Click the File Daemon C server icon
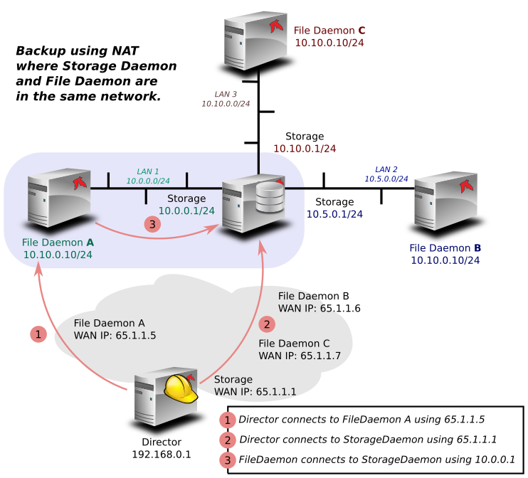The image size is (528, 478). pos(256,41)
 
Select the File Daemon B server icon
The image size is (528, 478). pos(446,201)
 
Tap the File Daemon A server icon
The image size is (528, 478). pos(59,198)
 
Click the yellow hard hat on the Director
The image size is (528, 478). pos(181,389)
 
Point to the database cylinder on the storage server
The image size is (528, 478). pos(270,197)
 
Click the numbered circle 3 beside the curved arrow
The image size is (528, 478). pos(152,224)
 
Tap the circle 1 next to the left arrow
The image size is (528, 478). pos(38,334)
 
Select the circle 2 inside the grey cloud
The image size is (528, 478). pos(267,324)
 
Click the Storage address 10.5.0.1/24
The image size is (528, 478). pos(334,214)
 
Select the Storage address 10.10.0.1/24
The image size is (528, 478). pos(305,149)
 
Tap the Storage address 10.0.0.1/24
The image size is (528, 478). pos(186,211)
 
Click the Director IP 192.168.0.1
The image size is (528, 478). pos(162,455)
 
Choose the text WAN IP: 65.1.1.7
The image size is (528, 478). pos(300,356)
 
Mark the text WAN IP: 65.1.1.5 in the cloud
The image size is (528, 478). pos(115,336)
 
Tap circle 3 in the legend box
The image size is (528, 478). pos(228,460)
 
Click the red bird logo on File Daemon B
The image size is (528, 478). pos(466,186)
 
